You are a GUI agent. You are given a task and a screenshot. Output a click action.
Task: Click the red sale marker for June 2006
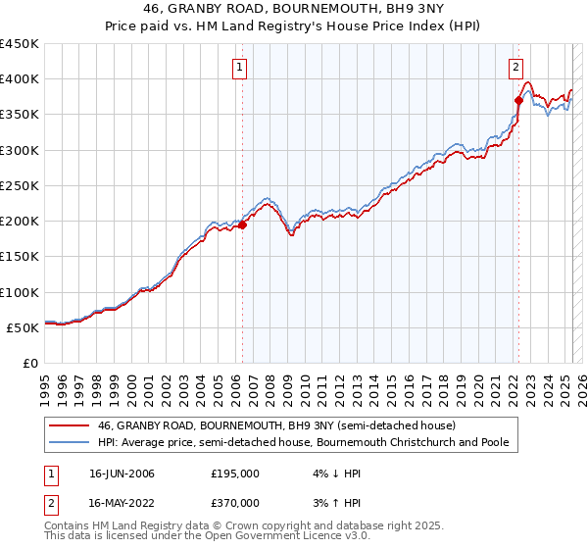click(x=242, y=225)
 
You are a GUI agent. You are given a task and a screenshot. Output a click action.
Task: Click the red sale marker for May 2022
click(x=518, y=100)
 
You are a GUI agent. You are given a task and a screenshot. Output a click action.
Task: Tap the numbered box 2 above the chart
click(x=515, y=68)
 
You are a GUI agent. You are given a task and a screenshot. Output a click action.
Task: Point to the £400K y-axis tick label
click(x=19, y=79)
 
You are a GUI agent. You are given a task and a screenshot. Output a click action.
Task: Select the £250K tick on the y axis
click(x=19, y=185)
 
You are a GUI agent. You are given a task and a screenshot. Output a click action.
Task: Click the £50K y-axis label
click(x=23, y=327)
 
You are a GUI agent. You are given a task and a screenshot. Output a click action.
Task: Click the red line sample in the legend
click(x=70, y=425)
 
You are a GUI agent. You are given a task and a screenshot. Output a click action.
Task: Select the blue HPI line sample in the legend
click(x=70, y=442)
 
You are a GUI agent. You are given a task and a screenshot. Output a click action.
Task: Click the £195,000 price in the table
click(x=235, y=474)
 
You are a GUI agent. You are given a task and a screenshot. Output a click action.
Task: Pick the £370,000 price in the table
click(x=235, y=503)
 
